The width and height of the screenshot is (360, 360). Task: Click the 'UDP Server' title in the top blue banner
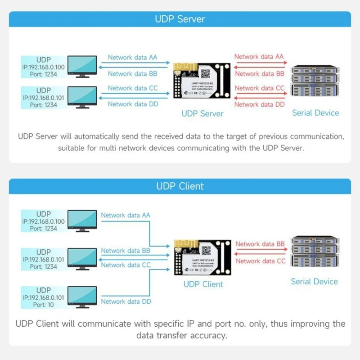[x=180, y=19]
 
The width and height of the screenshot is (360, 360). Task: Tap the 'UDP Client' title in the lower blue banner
[x=180, y=186]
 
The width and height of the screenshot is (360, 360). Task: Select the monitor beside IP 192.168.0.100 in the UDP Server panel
[x=81, y=68]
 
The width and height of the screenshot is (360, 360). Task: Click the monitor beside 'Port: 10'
[x=81, y=297]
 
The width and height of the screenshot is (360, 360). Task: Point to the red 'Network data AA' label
[x=259, y=57]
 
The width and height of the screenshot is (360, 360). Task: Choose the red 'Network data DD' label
[x=260, y=104]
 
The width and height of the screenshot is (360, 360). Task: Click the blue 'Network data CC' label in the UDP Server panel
[x=133, y=88]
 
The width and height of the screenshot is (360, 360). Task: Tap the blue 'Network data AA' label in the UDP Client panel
[x=126, y=215]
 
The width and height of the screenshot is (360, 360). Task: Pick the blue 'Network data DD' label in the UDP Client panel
[x=126, y=301]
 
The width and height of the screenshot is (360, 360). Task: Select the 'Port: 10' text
[x=44, y=305]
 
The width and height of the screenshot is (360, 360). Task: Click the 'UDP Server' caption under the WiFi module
[x=202, y=114]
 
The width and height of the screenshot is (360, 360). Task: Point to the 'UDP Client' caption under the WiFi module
[x=203, y=284]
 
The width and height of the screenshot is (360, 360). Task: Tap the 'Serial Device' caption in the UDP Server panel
[x=315, y=113]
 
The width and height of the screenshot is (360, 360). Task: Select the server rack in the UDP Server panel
[x=315, y=85]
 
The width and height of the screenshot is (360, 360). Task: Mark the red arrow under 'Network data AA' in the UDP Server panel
[x=260, y=63]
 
